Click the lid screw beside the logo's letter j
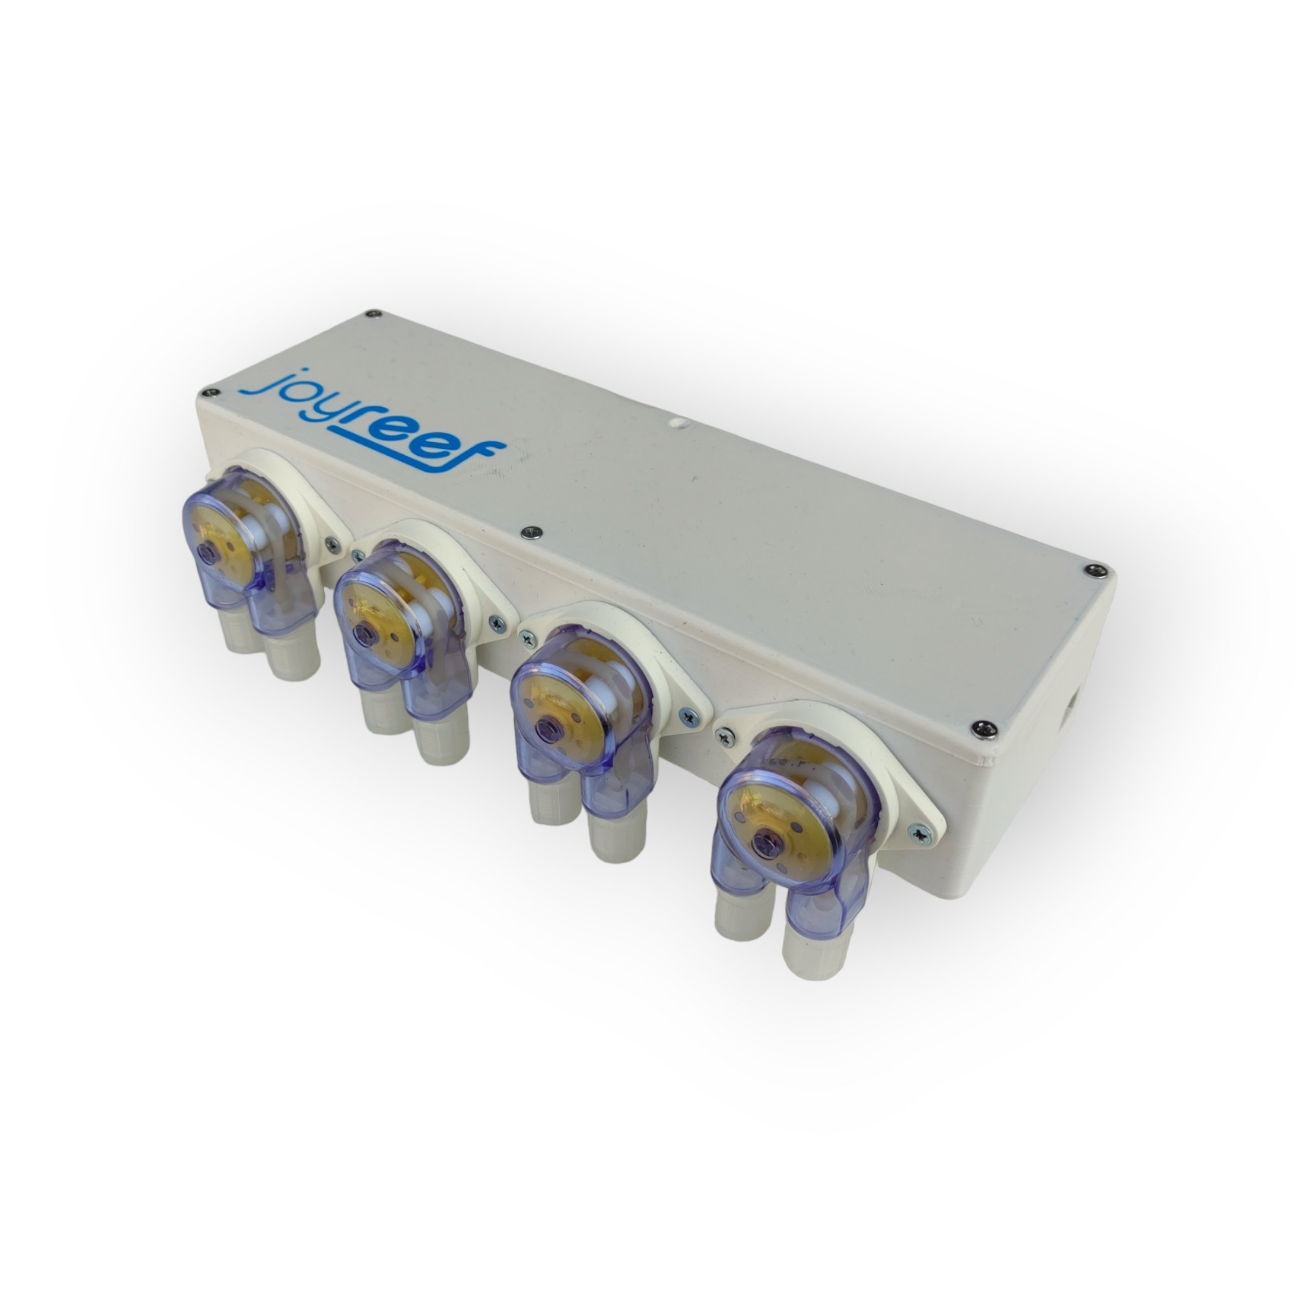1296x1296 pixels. click(x=214, y=394)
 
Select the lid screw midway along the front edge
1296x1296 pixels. click(x=529, y=531)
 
